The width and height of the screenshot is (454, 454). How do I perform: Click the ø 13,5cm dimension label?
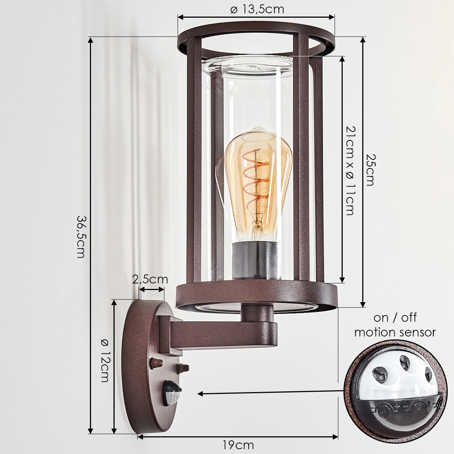[x=257, y=10]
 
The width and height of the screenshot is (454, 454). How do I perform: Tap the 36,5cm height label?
[x=81, y=237]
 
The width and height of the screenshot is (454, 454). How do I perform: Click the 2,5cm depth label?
[x=150, y=279]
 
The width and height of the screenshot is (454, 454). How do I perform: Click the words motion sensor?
[x=395, y=332]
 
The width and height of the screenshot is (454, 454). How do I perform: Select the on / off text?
[x=395, y=317]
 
